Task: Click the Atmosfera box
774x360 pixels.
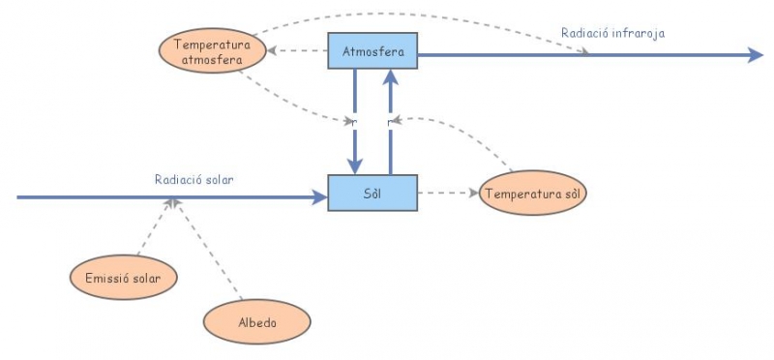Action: (372, 49)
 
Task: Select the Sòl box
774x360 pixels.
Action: (372, 193)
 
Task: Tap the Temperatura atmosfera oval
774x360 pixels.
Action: (213, 51)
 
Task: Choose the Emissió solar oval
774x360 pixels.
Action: (123, 279)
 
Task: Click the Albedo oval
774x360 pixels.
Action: (257, 321)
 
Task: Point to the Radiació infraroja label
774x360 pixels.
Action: (612, 33)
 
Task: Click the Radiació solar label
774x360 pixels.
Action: (193, 179)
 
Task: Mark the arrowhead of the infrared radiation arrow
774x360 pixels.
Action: (756, 55)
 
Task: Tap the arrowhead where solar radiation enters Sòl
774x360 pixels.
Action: (320, 197)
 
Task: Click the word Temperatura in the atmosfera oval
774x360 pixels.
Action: (212, 44)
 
